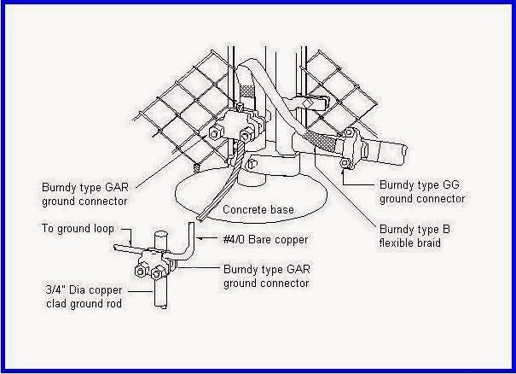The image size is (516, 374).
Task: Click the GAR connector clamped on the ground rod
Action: click(156, 262)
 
